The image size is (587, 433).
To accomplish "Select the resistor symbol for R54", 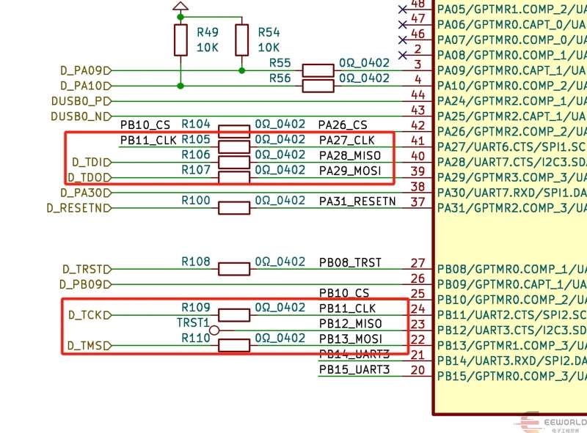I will [x=242, y=40].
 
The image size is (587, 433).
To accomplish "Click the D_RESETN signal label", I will [x=78, y=208].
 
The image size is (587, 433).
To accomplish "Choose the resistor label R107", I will [x=196, y=170].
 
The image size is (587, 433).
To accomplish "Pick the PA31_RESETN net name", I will [x=357, y=201].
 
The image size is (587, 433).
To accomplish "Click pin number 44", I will [x=418, y=95].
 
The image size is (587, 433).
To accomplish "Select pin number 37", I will [x=418, y=201].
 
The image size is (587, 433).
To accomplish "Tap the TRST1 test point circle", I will [x=214, y=330].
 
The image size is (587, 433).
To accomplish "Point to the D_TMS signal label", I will [x=86, y=346].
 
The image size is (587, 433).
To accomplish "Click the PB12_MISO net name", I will [x=351, y=323].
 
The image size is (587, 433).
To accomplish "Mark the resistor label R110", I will [x=196, y=338].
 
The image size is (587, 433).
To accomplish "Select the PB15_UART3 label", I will [x=354, y=369].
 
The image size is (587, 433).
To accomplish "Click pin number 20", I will [x=418, y=370].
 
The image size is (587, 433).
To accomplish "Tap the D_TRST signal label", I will [x=85, y=270].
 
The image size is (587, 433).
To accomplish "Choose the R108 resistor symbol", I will [x=235, y=269].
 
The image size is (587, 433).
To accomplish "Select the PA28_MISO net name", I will [x=351, y=155].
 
